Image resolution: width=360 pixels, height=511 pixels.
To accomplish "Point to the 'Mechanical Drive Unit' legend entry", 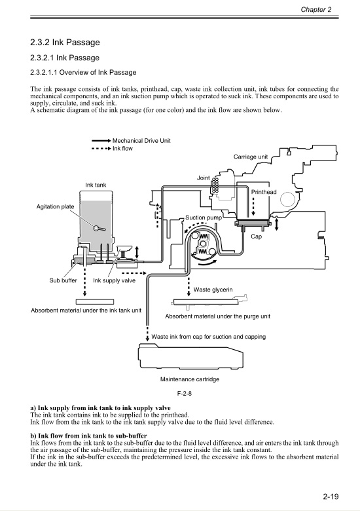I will click(142, 141).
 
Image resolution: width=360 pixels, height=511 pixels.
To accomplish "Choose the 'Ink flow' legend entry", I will click(123, 149).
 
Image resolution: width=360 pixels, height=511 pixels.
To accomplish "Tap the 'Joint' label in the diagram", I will click(203, 178).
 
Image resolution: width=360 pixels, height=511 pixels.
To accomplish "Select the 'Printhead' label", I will click(264, 192).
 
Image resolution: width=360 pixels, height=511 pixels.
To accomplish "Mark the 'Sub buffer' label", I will click(63, 280).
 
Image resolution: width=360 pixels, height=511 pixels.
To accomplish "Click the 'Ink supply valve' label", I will click(115, 280).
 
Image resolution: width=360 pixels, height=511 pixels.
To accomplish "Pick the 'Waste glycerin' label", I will click(213, 289).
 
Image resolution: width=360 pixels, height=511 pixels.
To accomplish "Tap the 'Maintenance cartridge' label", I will click(190, 379).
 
